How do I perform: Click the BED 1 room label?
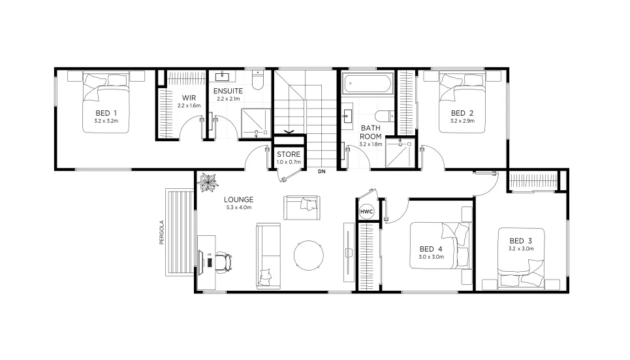(106, 113)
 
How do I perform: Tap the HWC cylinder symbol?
(366, 212)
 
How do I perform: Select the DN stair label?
(321, 171)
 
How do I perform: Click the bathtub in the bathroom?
(368, 84)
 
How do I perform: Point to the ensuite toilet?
(257, 80)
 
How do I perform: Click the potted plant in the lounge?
(208, 182)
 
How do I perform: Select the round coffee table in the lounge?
(309, 255)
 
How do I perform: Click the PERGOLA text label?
(161, 233)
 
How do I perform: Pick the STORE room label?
(289, 154)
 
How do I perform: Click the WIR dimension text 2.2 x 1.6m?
(189, 106)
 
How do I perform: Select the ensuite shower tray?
(256, 123)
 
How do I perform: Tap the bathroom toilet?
(385, 116)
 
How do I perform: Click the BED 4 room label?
(431, 250)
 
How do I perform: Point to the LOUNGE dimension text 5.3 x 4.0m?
(239, 208)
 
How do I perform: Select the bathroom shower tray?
(400, 153)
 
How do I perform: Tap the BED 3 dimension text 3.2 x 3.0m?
(521, 249)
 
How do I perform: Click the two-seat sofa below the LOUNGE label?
(302, 208)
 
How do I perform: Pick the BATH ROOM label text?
(370, 132)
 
